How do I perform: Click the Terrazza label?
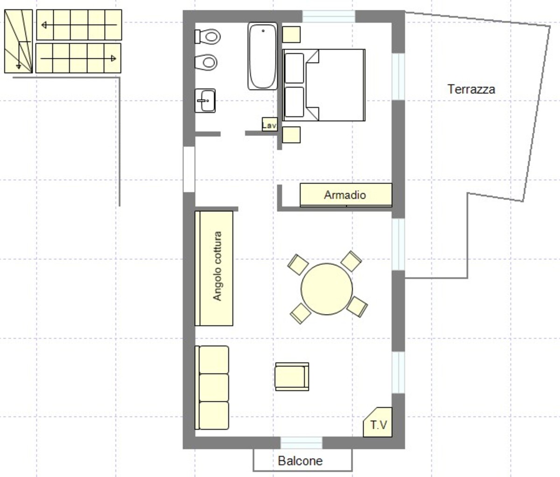[471, 89]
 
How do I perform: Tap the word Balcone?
[300, 461]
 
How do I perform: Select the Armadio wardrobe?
[346, 195]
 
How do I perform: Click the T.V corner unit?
[378, 422]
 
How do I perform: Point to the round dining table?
[327, 289]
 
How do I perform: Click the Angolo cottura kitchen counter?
[214, 268]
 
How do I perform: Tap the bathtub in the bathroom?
[263, 56]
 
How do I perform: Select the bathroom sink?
[205, 100]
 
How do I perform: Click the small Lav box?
[270, 124]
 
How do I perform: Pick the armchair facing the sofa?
[292, 377]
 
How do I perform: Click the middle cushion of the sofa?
[214, 387]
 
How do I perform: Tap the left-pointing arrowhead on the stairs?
[44, 25]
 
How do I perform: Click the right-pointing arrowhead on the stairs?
[114, 58]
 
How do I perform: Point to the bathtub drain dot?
[263, 31]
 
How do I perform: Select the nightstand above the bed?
[291, 35]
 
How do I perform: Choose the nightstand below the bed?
[291, 135]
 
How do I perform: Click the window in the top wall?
[329, 16]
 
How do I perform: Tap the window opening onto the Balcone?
[301, 443]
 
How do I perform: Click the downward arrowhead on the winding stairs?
[19, 66]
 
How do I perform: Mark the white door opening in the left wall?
[189, 170]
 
